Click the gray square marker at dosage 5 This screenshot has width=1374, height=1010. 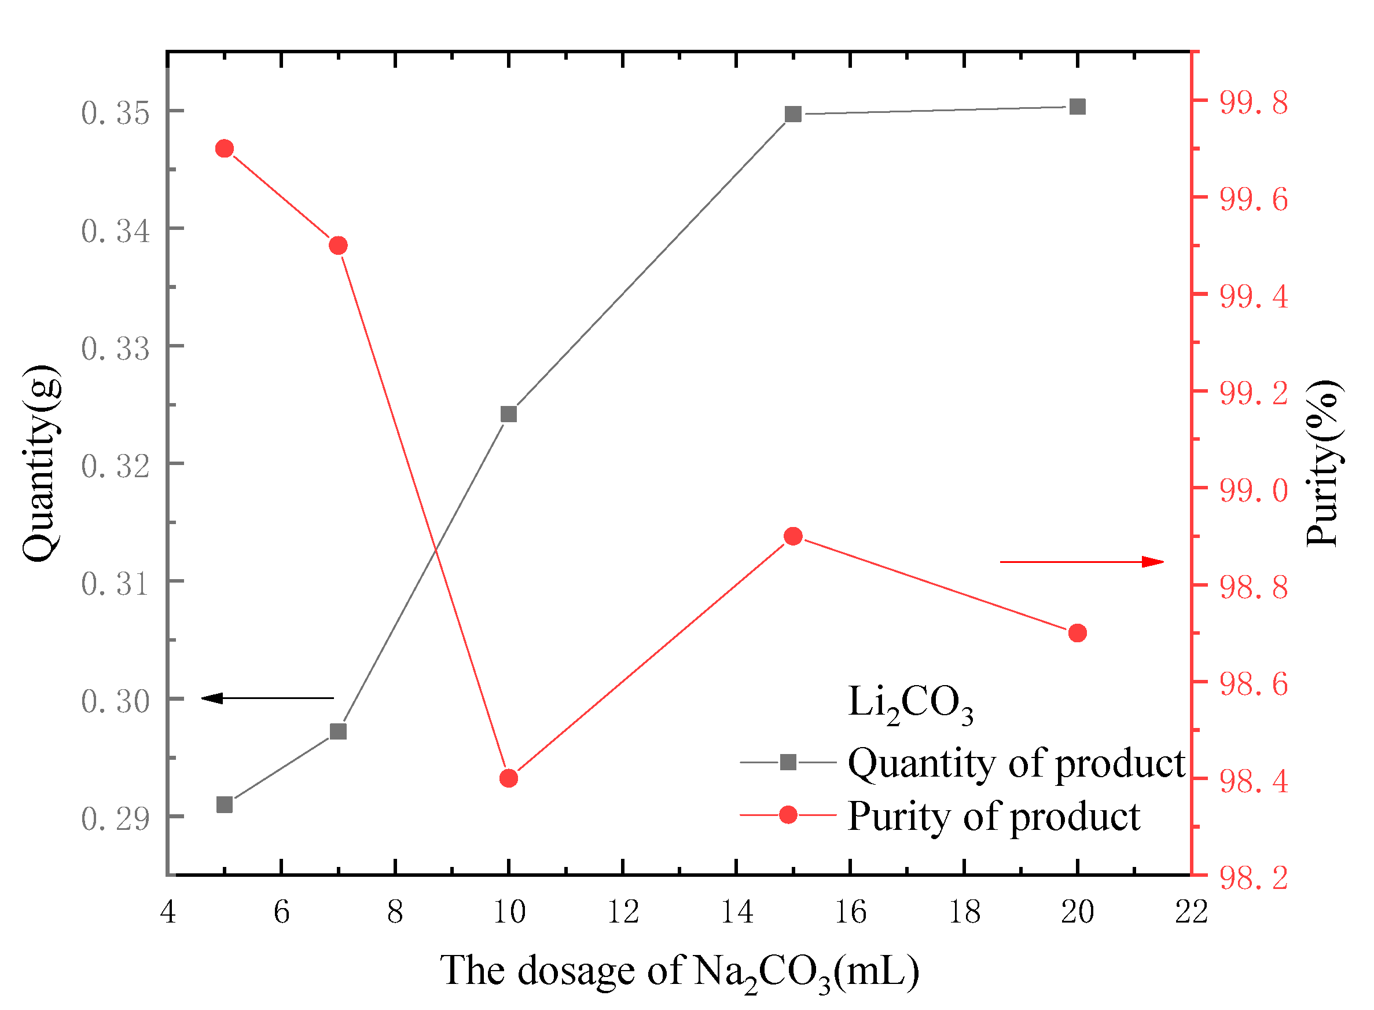(x=225, y=804)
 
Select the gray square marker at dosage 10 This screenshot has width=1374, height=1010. (x=509, y=415)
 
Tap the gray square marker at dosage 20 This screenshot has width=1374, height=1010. (x=1078, y=107)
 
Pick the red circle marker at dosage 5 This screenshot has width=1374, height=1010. (x=225, y=149)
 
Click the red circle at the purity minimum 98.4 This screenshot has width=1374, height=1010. (x=509, y=778)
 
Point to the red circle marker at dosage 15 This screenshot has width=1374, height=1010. (x=793, y=536)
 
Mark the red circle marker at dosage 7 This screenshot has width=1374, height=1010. (x=339, y=246)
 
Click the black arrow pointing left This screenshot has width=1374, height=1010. (x=267, y=698)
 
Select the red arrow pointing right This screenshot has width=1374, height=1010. (x=1081, y=562)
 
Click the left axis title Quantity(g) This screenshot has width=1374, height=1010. (x=42, y=463)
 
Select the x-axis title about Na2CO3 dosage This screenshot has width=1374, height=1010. (x=679, y=971)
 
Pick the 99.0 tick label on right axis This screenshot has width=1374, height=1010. (x=1254, y=491)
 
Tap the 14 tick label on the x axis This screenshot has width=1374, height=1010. (x=737, y=912)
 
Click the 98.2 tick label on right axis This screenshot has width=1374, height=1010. (x=1254, y=879)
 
